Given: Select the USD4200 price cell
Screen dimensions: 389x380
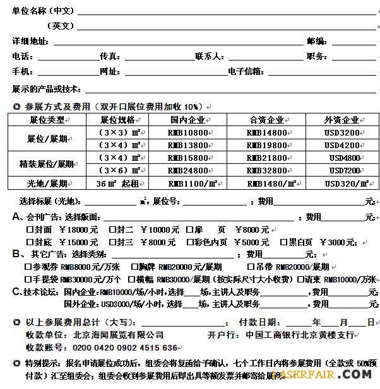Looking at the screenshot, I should pos(342,145).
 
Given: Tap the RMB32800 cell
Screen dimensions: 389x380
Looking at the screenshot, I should pos(266,170).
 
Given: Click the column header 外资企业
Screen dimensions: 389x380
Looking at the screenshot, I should pos(341,120).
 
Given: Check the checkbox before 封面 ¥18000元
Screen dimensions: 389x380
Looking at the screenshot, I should pos(29,229).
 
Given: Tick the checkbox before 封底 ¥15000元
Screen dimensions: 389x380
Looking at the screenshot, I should pos(29,242).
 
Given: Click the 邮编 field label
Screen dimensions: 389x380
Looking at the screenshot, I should pos(316,41).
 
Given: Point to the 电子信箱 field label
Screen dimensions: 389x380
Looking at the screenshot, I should pos(246,71).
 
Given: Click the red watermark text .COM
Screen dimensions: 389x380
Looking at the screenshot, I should pos(359,374).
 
